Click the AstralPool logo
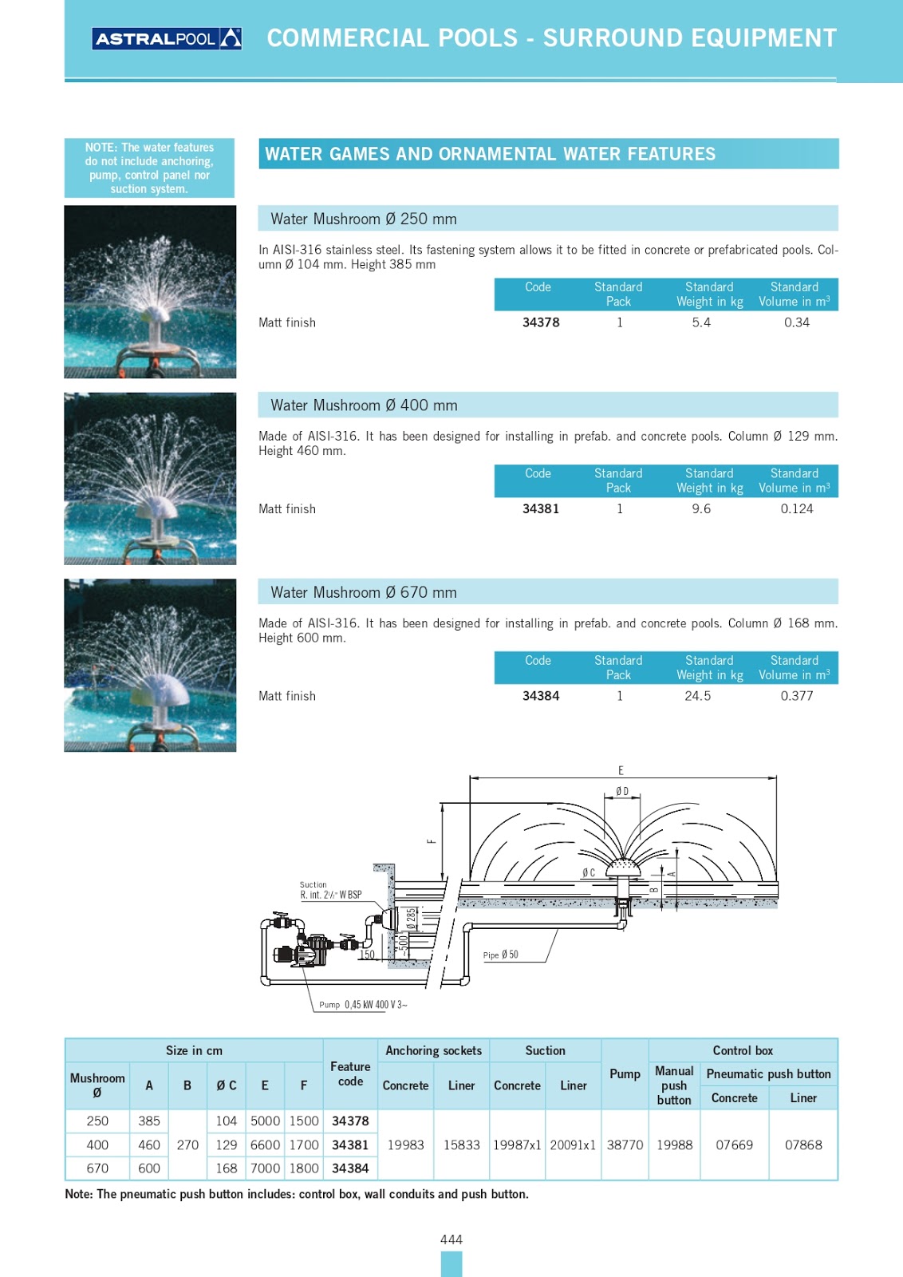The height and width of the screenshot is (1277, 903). tap(167, 38)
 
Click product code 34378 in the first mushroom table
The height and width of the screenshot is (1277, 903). tap(541, 322)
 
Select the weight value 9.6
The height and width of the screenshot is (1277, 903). tap(701, 509)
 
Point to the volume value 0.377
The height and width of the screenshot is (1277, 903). tap(797, 696)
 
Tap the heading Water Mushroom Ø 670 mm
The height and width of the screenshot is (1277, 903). tap(364, 592)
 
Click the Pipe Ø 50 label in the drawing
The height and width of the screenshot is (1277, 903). tap(500, 955)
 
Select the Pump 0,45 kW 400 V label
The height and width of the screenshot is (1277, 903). tap(363, 1005)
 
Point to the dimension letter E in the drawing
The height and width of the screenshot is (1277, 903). tap(621, 770)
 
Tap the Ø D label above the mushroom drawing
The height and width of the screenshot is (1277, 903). tap(622, 791)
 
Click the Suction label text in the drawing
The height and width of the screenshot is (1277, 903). tap(313, 884)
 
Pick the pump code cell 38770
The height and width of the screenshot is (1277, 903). tap(625, 1145)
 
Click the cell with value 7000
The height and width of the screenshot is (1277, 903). tap(265, 1168)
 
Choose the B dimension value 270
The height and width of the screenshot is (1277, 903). tap(187, 1145)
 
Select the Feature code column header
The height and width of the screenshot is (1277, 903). tap(350, 1073)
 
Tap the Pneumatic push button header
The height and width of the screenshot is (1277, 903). tap(768, 1074)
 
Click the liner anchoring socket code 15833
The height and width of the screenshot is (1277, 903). tap(461, 1145)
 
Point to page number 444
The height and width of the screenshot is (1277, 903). tap(451, 1239)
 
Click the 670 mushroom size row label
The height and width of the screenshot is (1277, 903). tap(97, 1168)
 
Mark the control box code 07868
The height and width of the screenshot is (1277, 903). tap(803, 1145)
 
